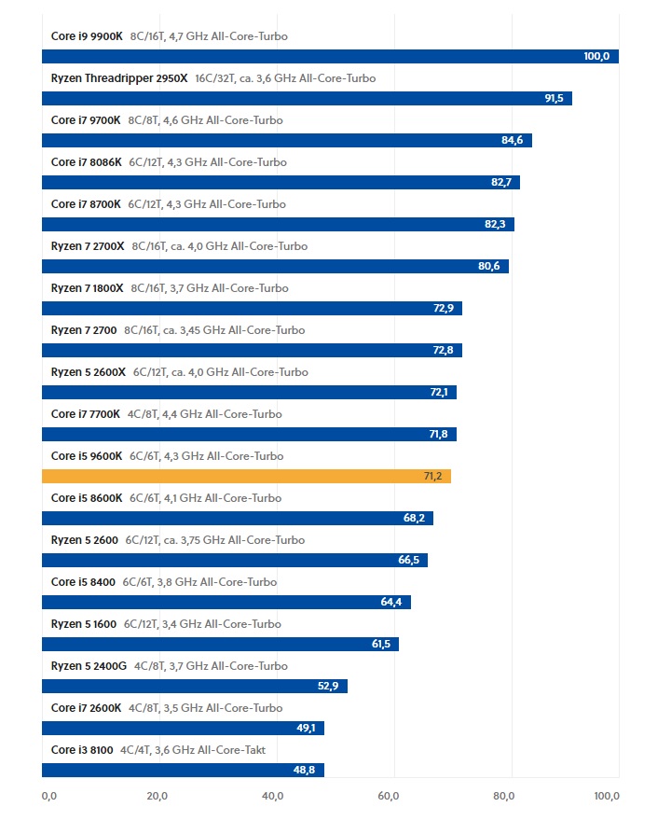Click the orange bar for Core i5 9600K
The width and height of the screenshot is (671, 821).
coord(246,476)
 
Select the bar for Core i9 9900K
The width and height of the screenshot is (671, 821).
coord(330,56)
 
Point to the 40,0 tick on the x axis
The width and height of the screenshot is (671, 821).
coord(273,796)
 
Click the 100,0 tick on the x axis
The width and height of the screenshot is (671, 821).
coord(606,796)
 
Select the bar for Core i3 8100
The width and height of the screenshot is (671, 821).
coord(183,770)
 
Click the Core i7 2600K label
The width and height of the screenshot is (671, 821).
coord(86,708)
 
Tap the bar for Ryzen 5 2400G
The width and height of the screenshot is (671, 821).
coord(194,686)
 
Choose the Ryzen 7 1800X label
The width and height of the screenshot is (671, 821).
coord(87,288)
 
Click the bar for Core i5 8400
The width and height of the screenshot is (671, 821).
coord(226,602)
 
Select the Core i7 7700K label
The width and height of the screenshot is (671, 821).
coord(86,414)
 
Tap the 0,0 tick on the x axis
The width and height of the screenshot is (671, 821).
coord(49,796)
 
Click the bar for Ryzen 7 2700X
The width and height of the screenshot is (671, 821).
coord(275,266)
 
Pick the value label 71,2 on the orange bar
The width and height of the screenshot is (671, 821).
coord(434,476)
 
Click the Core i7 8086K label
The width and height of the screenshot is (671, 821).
coord(86,162)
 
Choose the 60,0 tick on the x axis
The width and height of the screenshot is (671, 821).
coord(389,796)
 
